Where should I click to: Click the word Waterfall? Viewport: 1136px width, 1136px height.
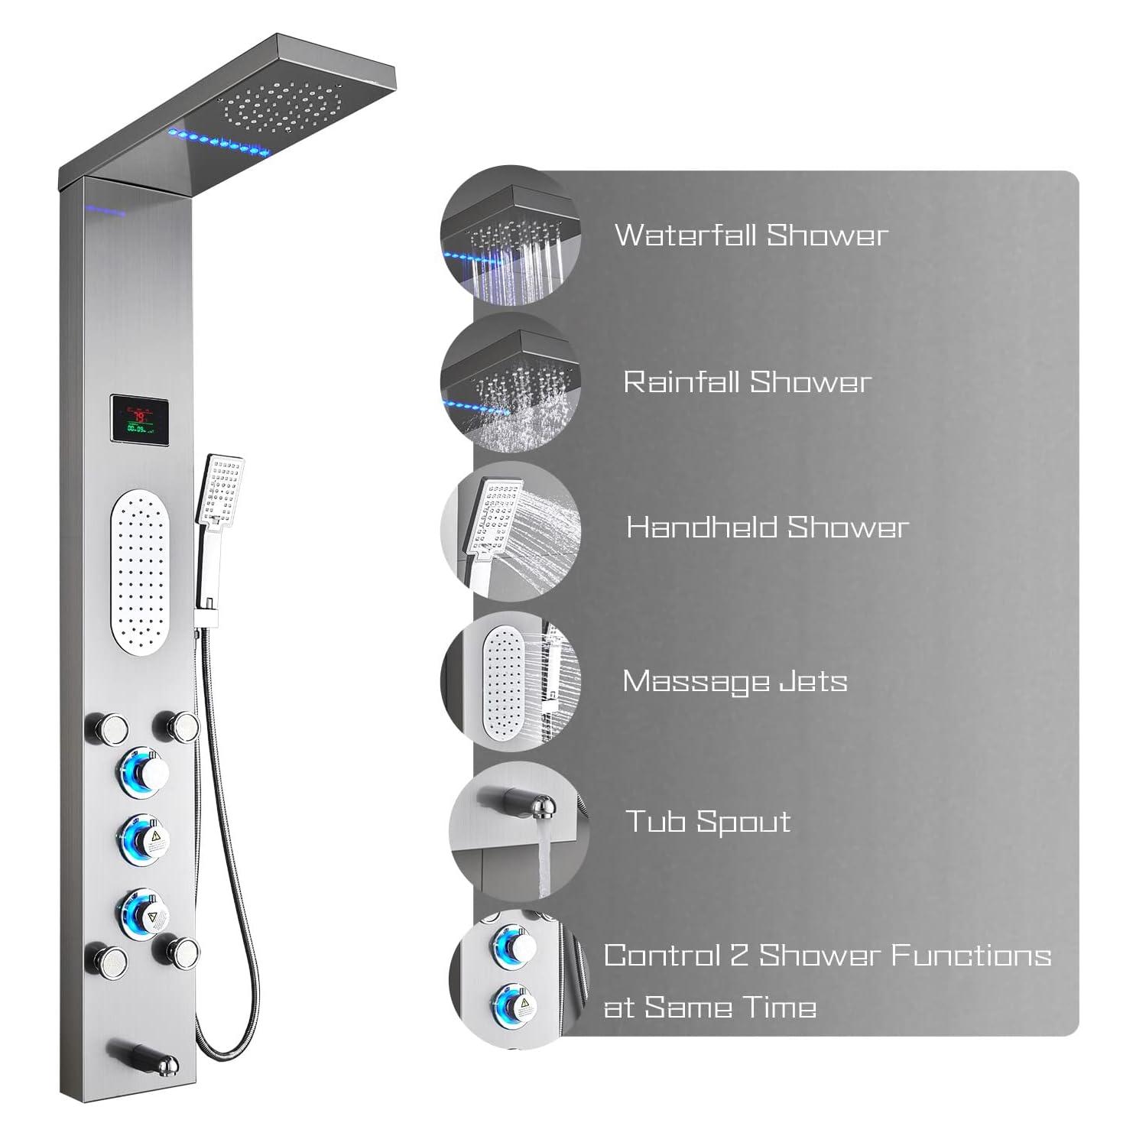686,235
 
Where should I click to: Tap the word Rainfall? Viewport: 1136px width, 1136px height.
682,381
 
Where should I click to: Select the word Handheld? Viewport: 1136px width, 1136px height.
702,527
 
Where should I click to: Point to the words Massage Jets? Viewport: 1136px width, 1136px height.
735,681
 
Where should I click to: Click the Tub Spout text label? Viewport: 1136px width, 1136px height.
709,822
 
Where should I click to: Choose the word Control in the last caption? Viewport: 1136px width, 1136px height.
662,956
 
